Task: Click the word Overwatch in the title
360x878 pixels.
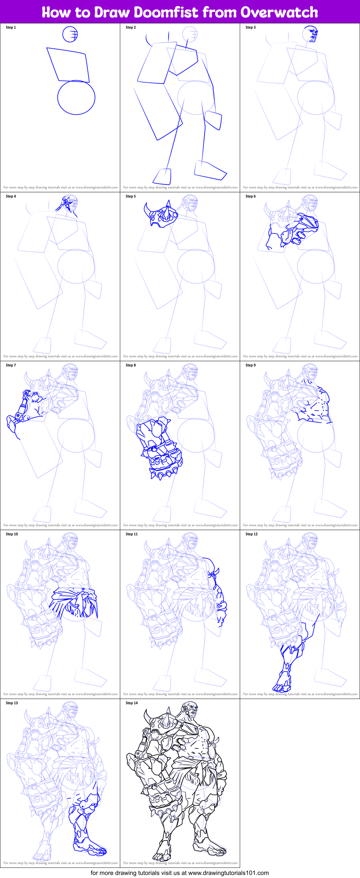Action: point(279,12)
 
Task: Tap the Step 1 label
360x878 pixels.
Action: point(11,27)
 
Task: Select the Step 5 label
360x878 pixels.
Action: point(131,196)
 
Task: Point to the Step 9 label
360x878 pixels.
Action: point(251,365)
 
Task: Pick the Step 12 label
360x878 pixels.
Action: point(252,534)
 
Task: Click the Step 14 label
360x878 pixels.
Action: point(132,703)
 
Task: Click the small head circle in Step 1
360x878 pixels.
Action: point(70,34)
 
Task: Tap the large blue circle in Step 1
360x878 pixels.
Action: point(76,97)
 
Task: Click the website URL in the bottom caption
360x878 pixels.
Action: point(228,873)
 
